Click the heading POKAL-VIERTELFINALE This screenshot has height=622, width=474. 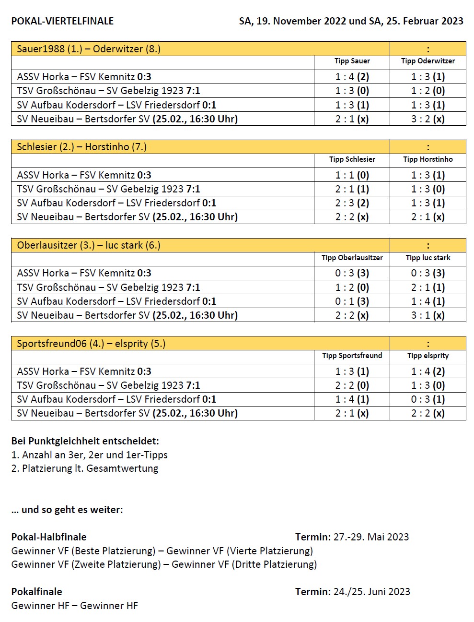62,21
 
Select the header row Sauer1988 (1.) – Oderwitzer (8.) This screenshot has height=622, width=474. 89,49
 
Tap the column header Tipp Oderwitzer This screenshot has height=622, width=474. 428,61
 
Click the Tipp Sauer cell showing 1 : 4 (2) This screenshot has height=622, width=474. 352,77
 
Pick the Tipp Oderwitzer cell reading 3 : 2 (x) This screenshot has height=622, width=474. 428,119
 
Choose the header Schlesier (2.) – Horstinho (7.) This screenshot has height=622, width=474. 81,147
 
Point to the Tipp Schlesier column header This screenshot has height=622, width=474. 352,159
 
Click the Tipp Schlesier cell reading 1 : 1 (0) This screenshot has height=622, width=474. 352,175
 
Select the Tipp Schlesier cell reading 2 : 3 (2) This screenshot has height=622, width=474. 352,203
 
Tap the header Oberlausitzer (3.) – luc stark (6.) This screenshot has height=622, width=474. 89,245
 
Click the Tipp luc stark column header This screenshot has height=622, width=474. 428,258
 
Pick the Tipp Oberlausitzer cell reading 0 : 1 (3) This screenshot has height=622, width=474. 352,301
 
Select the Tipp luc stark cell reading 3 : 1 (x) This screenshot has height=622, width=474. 428,315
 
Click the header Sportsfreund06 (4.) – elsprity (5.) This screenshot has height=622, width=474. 91,344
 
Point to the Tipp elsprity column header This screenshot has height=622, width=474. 428,356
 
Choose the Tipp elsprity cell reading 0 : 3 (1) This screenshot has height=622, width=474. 428,399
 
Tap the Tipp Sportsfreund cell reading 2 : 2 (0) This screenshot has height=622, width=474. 352,385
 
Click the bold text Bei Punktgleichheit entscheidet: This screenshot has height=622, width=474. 85,441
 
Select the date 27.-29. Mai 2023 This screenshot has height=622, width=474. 371,537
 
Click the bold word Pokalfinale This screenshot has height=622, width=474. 37,592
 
